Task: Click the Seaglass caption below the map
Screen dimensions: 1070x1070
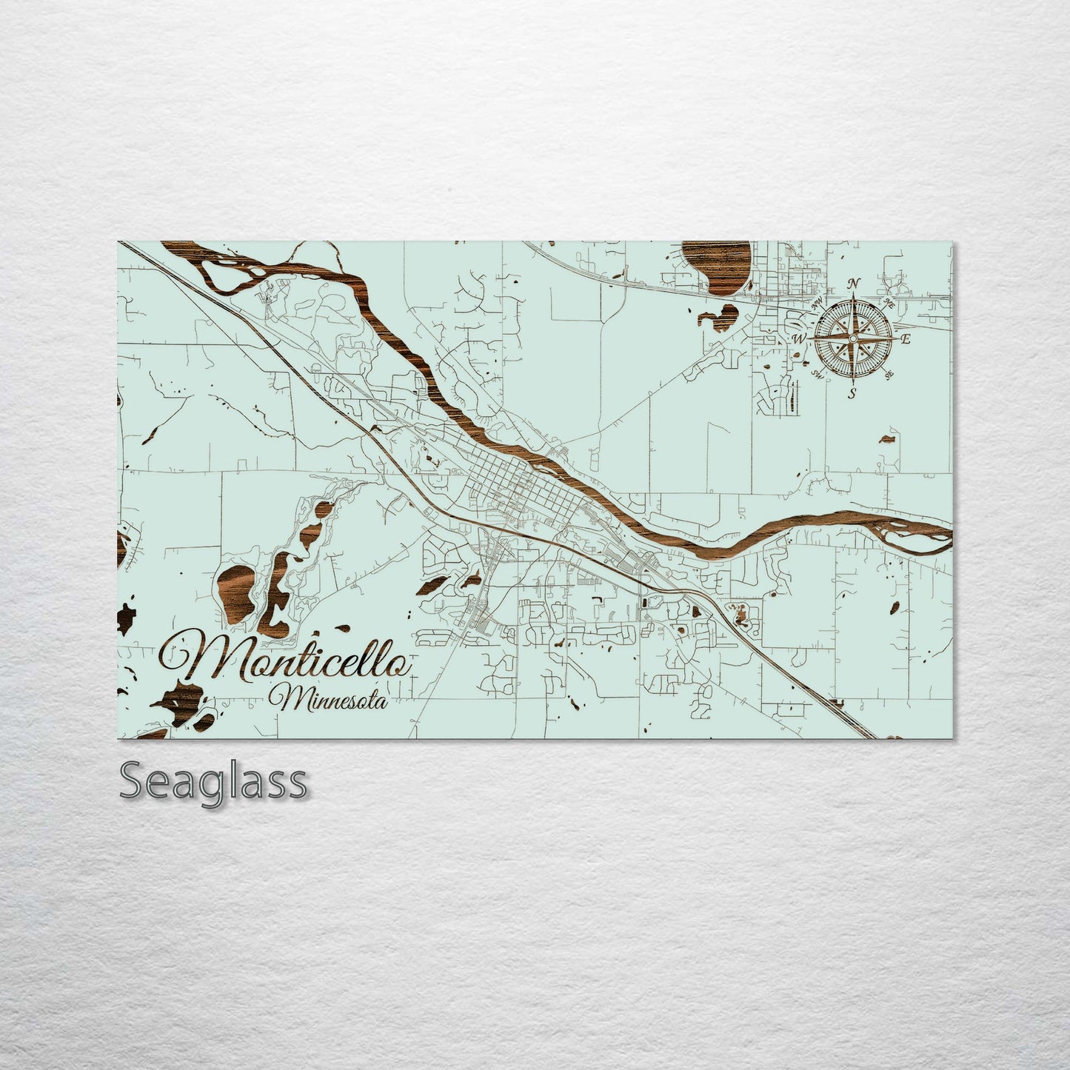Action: (x=213, y=780)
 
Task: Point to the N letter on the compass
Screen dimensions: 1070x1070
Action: (x=854, y=284)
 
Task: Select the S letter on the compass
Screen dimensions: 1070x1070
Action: (x=853, y=392)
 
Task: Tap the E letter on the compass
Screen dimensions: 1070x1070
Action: (x=905, y=339)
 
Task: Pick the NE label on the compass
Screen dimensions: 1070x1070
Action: (x=889, y=304)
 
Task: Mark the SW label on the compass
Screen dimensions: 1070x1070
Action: (x=817, y=373)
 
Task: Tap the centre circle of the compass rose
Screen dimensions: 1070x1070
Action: (x=853, y=338)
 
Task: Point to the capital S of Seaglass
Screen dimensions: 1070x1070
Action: (x=133, y=780)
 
